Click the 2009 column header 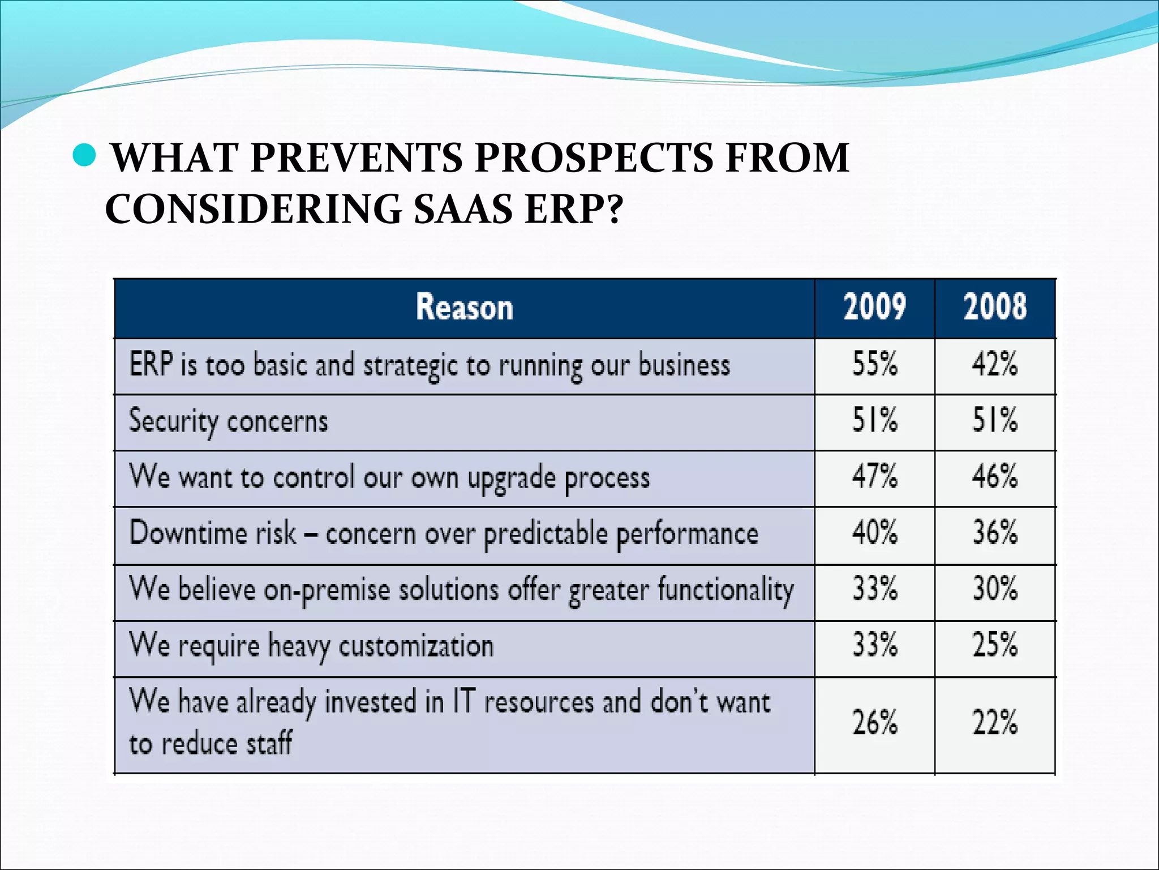(874, 307)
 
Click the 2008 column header (994, 307)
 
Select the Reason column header (464, 307)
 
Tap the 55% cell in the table (874, 364)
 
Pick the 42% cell (994, 364)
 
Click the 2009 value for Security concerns (874, 420)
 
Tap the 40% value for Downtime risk (874, 532)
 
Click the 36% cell (994, 532)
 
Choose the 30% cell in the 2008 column (994, 588)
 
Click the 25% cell (994, 645)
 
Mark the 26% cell (874, 723)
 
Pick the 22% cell (994, 723)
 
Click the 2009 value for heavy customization (874, 645)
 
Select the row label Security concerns (228, 421)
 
